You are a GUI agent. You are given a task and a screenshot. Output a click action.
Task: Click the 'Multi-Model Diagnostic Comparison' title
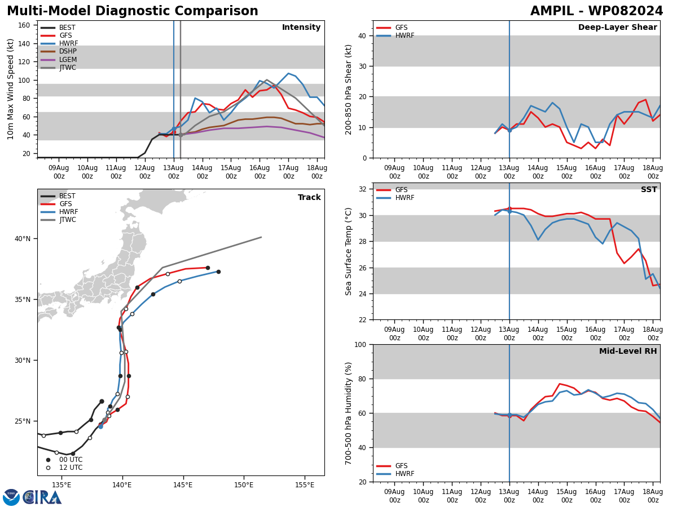(133, 11)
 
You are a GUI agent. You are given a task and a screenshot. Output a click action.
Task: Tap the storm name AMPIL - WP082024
(596, 11)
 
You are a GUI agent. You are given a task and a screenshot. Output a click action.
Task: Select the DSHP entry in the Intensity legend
(59, 51)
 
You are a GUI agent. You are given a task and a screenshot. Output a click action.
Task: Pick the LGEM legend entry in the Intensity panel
(59, 59)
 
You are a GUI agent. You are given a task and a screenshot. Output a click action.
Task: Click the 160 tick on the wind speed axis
(24, 25)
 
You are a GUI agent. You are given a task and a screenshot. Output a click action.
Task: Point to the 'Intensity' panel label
(301, 28)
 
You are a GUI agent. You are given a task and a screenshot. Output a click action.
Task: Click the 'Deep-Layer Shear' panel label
(617, 28)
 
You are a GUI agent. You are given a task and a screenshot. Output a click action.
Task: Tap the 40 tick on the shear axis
(362, 35)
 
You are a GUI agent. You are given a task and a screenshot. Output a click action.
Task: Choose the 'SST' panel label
(649, 189)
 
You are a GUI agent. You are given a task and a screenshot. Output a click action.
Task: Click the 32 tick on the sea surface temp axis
(362, 189)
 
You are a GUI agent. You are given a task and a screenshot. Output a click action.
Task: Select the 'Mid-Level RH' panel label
(628, 351)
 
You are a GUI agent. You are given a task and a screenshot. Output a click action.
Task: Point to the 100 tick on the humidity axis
(360, 344)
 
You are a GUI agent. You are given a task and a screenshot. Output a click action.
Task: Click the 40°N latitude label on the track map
(23, 238)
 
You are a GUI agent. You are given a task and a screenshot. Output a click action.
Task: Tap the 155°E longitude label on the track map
(305, 485)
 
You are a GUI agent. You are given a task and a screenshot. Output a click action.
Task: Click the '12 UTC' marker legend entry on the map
(65, 468)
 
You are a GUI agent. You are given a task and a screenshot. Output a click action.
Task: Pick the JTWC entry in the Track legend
(58, 220)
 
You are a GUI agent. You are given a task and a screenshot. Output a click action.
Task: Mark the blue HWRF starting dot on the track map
(100, 426)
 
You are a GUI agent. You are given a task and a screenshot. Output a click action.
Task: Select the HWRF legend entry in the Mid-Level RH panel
(395, 474)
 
